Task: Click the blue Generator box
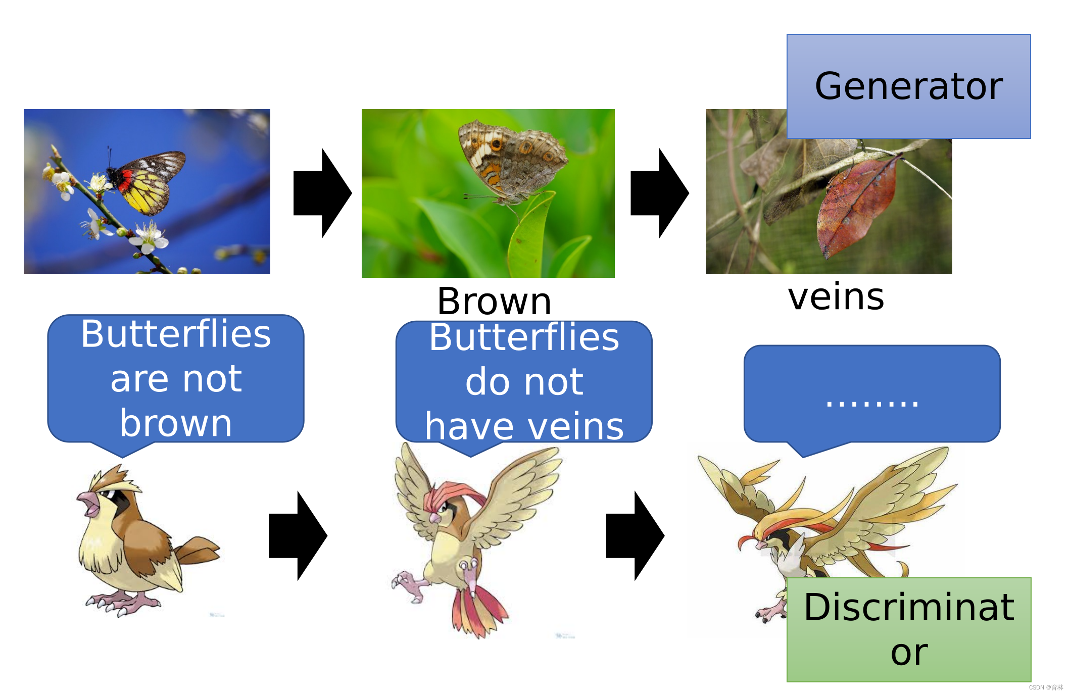(908, 86)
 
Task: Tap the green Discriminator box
(908, 629)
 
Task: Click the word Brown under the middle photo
(494, 302)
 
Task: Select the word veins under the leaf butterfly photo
(836, 296)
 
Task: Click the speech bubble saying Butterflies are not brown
(175, 379)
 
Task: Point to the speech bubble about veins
(524, 382)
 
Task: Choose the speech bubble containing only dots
(872, 394)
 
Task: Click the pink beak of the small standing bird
(89, 503)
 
